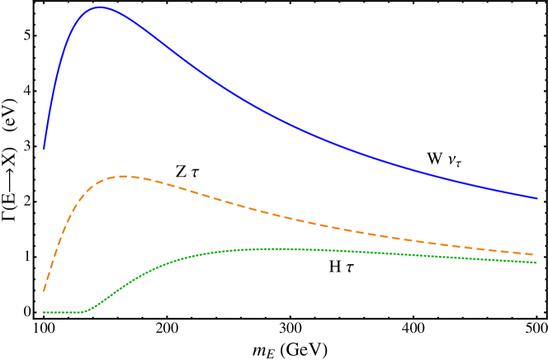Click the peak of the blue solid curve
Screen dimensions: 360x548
[100, 7]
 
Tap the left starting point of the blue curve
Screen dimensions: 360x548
[44, 149]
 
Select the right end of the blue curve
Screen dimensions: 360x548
[536, 198]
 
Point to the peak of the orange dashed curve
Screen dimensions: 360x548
[124, 176]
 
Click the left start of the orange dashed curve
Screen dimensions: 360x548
[44, 291]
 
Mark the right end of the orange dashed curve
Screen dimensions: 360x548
[536, 254]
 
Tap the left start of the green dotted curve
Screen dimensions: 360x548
[44, 312]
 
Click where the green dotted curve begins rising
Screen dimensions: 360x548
[85, 311]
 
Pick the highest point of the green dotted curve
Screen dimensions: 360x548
[281, 248]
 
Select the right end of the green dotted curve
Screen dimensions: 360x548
[536, 263]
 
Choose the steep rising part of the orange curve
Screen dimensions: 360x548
[62, 235]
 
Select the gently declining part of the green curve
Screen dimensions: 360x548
[429, 255]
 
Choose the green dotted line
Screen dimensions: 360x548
[206, 253]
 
